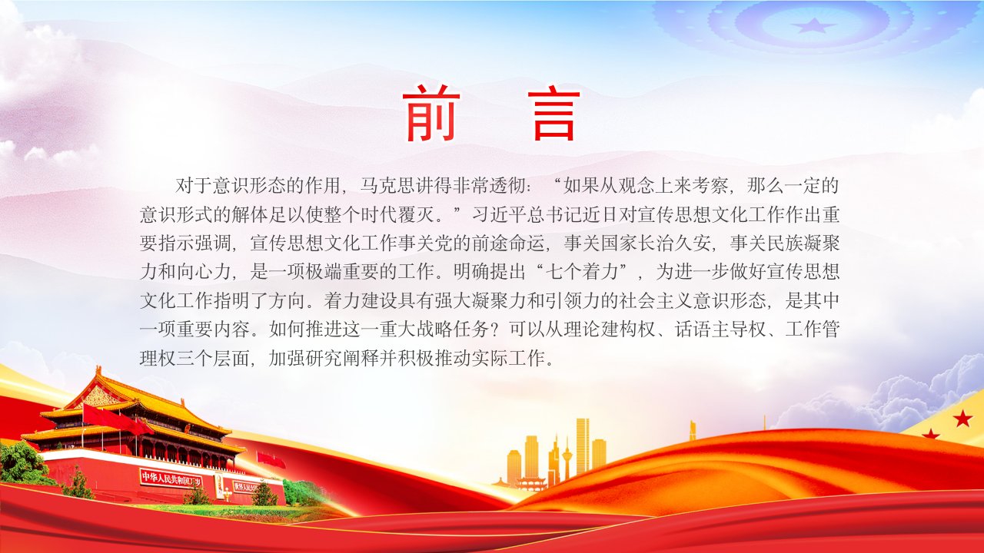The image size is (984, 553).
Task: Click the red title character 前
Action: click(431, 113)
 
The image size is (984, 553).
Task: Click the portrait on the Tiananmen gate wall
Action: click(219, 486)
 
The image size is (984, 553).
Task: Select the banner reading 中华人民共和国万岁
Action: click(171, 478)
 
